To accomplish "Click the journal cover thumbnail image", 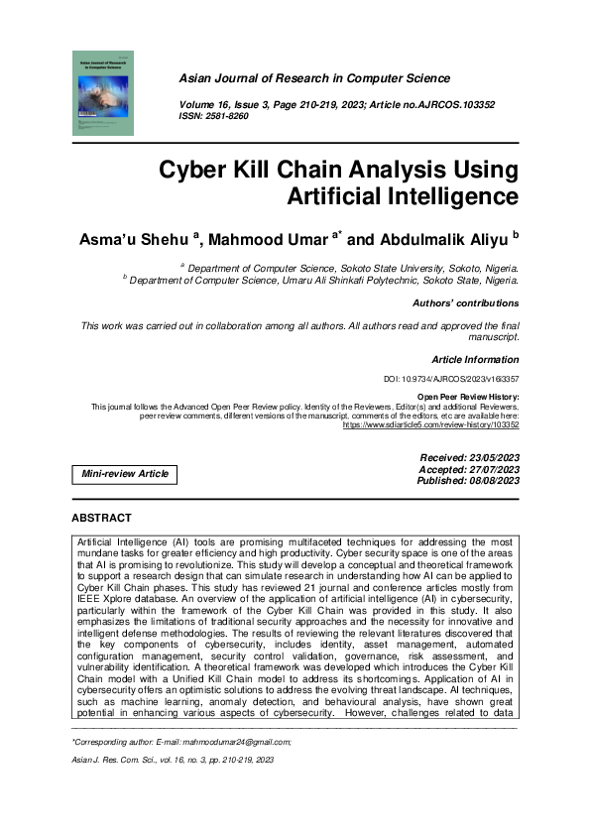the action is tap(102, 94).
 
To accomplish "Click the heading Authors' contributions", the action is tap(465, 302).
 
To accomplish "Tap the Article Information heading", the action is tap(475, 360).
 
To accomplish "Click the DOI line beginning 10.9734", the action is tap(451, 380).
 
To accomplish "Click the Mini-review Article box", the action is tap(124, 474).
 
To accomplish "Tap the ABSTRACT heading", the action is tap(101, 518).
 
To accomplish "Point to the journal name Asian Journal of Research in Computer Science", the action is tap(314, 78).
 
